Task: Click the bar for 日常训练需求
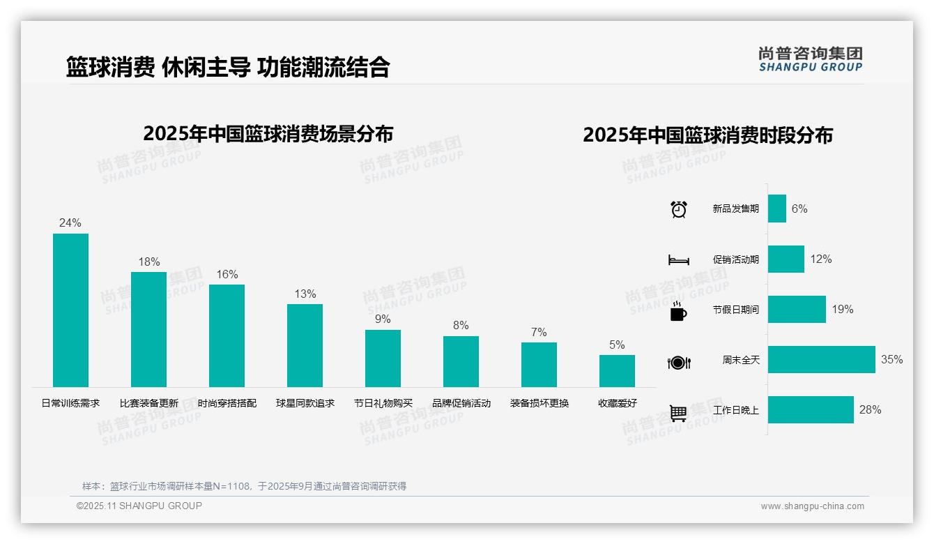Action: coord(70,310)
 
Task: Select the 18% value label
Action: coord(148,262)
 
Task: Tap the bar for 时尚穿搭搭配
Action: coord(227,335)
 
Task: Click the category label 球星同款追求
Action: coord(305,403)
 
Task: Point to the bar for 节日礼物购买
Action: coord(383,358)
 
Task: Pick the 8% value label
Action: coord(461,326)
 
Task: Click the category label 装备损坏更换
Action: coord(539,403)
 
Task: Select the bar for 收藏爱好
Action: coord(617,371)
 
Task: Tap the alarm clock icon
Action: coord(678,209)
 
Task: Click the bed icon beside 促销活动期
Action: coord(678,259)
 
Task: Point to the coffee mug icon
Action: coord(678,312)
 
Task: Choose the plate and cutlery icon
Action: coord(678,362)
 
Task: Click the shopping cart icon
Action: coord(678,413)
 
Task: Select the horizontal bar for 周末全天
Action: coord(821,360)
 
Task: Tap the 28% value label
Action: coord(870,410)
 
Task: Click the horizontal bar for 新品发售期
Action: coord(776,209)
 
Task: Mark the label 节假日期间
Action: coord(735,310)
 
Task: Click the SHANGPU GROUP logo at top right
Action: coord(810,59)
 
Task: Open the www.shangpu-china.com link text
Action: coord(812,506)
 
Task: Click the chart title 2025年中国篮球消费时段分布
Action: coord(707,135)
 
